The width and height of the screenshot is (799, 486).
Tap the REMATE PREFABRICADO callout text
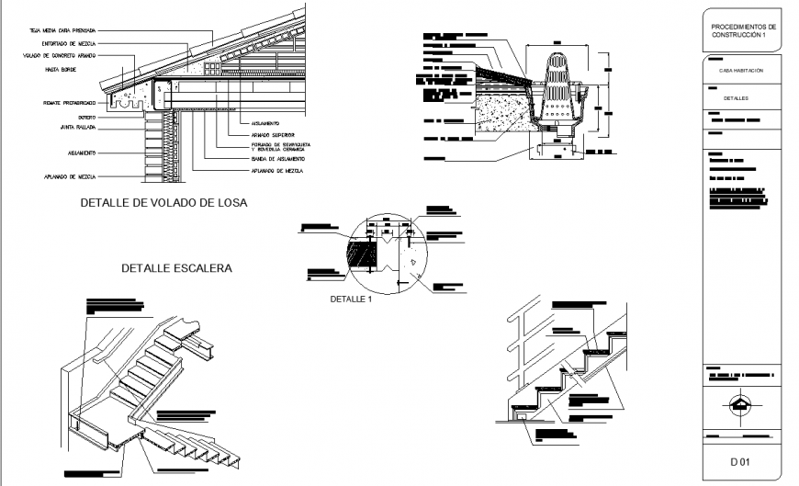point(69,103)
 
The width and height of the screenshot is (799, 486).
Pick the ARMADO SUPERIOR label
point(272,134)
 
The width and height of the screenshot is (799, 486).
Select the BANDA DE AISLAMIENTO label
point(279,159)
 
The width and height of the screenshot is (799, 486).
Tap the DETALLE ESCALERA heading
point(176,268)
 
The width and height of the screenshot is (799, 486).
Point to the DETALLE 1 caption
point(351,300)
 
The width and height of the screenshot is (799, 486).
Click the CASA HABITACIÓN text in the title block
point(741,71)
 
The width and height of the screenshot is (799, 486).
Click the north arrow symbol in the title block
point(741,403)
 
